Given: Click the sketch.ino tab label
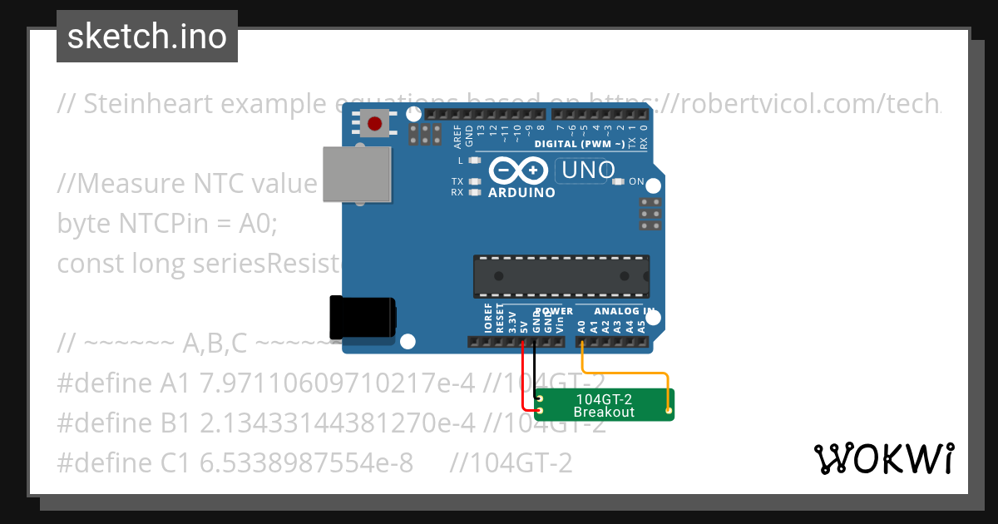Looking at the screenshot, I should (x=146, y=37).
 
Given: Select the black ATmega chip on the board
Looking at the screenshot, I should (x=561, y=276).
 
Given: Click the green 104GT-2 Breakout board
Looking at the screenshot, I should (x=604, y=405).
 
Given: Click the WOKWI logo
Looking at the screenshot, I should (x=883, y=458).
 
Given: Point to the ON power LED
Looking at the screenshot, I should (x=618, y=181).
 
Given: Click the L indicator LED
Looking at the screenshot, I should (x=475, y=161).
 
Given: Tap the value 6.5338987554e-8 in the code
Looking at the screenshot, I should (x=307, y=462).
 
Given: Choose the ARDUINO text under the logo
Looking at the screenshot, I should (x=521, y=193).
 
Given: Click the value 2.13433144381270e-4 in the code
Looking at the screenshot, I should (x=338, y=423).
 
